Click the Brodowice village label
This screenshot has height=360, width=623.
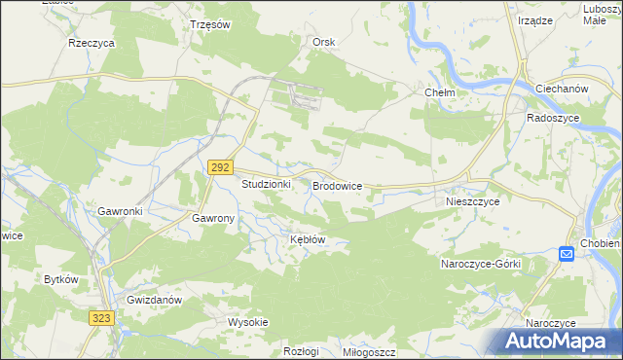pos(337,184)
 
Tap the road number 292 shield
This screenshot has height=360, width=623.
pos(219,168)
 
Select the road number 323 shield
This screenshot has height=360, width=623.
pos(101,318)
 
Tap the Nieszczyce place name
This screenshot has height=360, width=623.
pos(472,201)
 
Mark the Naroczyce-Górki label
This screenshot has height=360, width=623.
pos(481,265)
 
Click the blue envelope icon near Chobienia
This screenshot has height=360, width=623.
pos(567,254)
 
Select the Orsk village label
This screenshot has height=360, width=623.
pos(323,42)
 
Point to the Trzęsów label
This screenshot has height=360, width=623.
pos(209,25)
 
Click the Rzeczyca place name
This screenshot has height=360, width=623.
pos(92,44)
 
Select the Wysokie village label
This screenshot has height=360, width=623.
pos(247,322)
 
